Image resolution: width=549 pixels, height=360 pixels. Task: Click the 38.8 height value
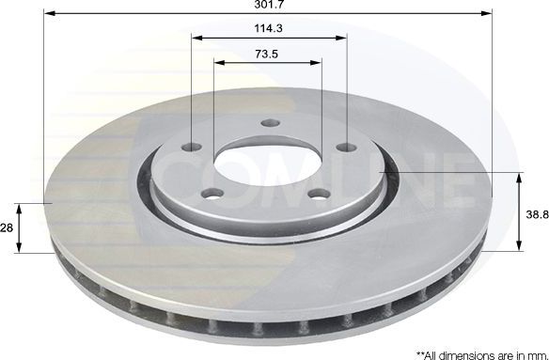(536, 213)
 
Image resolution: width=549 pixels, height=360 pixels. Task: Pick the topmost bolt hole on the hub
(270, 124)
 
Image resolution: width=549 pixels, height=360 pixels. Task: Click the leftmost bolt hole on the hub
(193, 147)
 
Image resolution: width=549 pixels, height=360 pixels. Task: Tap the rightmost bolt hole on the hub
(345, 148)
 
